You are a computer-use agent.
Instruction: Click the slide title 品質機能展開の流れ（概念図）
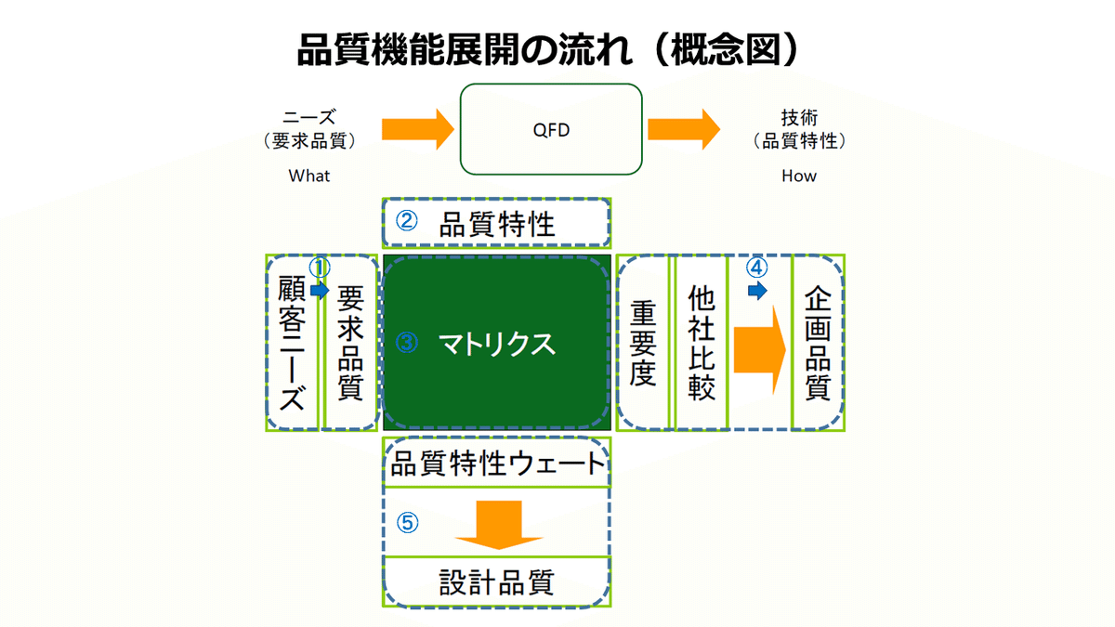point(548,48)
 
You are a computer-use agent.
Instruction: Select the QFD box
point(552,130)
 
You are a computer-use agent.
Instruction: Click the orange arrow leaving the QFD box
point(683,129)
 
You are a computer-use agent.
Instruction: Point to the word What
point(309,176)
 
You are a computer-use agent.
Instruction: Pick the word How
point(799,176)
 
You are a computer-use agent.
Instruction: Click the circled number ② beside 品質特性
point(407,223)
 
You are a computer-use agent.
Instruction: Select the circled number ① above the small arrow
point(321,268)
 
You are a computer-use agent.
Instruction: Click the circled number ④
point(757,268)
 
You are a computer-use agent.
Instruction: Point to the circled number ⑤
point(408,523)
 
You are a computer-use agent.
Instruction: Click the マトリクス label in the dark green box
point(497,344)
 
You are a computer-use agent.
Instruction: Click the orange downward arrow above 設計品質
point(498,525)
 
